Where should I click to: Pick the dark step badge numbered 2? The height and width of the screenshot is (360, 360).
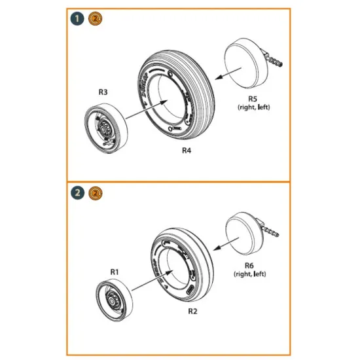coord(79,193)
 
